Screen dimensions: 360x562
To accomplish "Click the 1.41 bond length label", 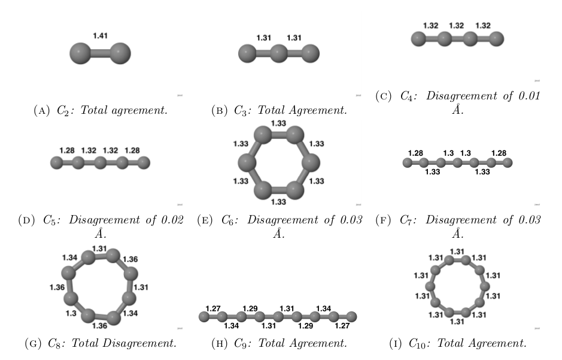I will click(101, 37).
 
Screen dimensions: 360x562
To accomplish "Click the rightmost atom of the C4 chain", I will click(496, 40).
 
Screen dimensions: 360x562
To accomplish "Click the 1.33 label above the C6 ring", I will click(278, 123).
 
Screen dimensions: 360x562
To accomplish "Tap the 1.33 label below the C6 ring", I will click(278, 202).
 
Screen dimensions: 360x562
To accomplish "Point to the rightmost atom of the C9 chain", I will click(352, 316).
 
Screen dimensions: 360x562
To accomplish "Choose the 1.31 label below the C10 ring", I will click(457, 322).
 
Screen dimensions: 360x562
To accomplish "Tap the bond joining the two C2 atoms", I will click(100, 53).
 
